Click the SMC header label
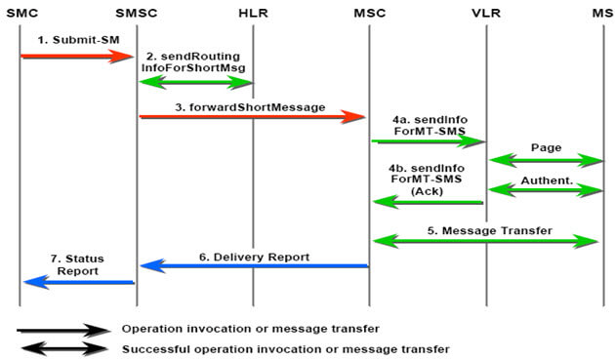tap(22, 13)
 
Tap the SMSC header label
tap(137, 13)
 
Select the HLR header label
tap(254, 13)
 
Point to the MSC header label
tap(369, 13)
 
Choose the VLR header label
tap(486, 13)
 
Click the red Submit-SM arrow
tap(77, 57)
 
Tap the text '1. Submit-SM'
tap(78, 40)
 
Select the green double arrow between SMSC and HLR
tap(195, 82)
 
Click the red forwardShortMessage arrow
tap(253, 117)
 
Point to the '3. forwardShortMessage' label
tap(250, 107)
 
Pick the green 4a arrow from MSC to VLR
tap(429, 141)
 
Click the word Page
tap(546, 147)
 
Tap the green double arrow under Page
tap(546, 160)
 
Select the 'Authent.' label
tap(547, 180)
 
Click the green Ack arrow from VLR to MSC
tap(428, 202)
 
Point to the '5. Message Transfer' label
tap(489, 230)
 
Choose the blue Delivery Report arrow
tap(254, 266)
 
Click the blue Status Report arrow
tap(79, 282)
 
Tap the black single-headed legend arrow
tap(62, 330)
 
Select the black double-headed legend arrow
tap(63, 348)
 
